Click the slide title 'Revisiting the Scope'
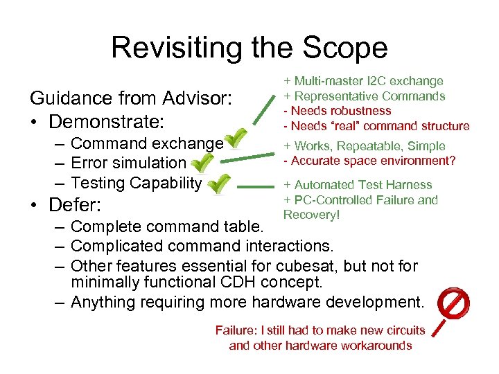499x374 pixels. (249, 48)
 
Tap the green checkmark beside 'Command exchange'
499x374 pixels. (236, 139)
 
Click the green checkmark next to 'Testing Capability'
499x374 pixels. (220, 184)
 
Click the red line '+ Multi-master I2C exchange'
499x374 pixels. (362, 82)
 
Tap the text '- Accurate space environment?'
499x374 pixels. (368, 161)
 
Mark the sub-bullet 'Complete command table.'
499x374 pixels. (167, 226)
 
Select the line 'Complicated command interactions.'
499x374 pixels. (202, 245)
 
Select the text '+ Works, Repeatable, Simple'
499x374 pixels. (364, 146)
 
